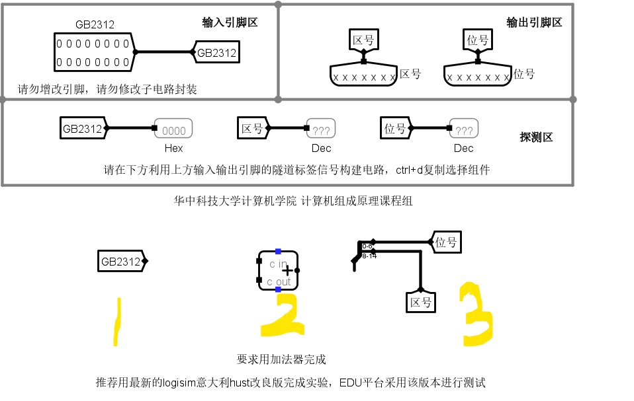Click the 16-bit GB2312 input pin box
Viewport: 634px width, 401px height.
(x=93, y=53)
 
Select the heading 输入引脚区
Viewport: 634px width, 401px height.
(x=230, y=22)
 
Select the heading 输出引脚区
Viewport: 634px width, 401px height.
(x=534, y=22)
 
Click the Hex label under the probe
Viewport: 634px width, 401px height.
(x=173, y=149)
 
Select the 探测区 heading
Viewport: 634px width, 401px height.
(x=536, y=138)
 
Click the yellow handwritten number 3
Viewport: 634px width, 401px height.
(x=478, y=313)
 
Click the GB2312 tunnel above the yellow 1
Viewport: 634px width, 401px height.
(x=122, y=262)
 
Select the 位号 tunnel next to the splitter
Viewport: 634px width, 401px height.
(x=446, y=242)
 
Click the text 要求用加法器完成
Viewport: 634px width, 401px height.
(x=281, y=360)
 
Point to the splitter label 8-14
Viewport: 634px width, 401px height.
(x=369, y=255)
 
